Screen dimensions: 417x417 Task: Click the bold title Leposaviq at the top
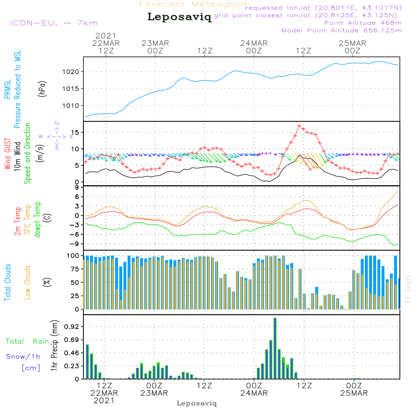179,17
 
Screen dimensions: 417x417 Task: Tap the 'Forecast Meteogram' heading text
194,4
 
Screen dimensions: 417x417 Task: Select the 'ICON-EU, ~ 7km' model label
53,23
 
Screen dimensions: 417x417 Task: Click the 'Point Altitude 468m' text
363,23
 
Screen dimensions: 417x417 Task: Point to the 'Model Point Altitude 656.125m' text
342,30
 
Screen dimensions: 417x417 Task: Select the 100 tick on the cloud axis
73,255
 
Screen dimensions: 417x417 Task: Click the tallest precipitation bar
275,348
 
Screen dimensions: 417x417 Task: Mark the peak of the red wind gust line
299,126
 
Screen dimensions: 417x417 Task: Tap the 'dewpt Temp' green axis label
38,220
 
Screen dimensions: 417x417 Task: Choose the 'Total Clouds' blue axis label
8,282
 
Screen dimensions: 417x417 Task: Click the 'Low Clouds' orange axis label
28,282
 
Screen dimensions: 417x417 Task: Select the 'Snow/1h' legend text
23,357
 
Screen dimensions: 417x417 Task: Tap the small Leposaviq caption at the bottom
197,403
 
